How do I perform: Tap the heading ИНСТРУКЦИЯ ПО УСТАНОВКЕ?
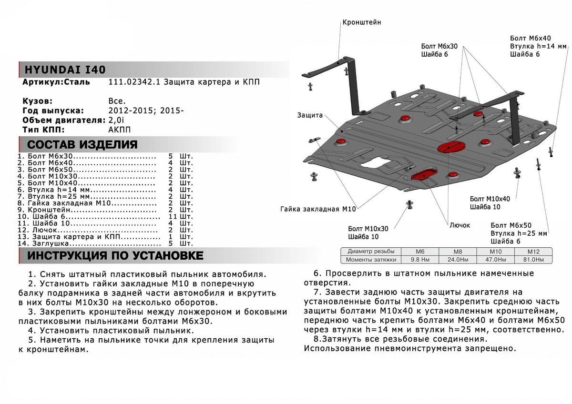click(115, 256)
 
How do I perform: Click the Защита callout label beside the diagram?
click(310, 115)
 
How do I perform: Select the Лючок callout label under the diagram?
click(460, 225)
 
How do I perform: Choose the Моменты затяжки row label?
click(372, 260)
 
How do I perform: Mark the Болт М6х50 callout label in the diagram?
click(511, 225)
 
